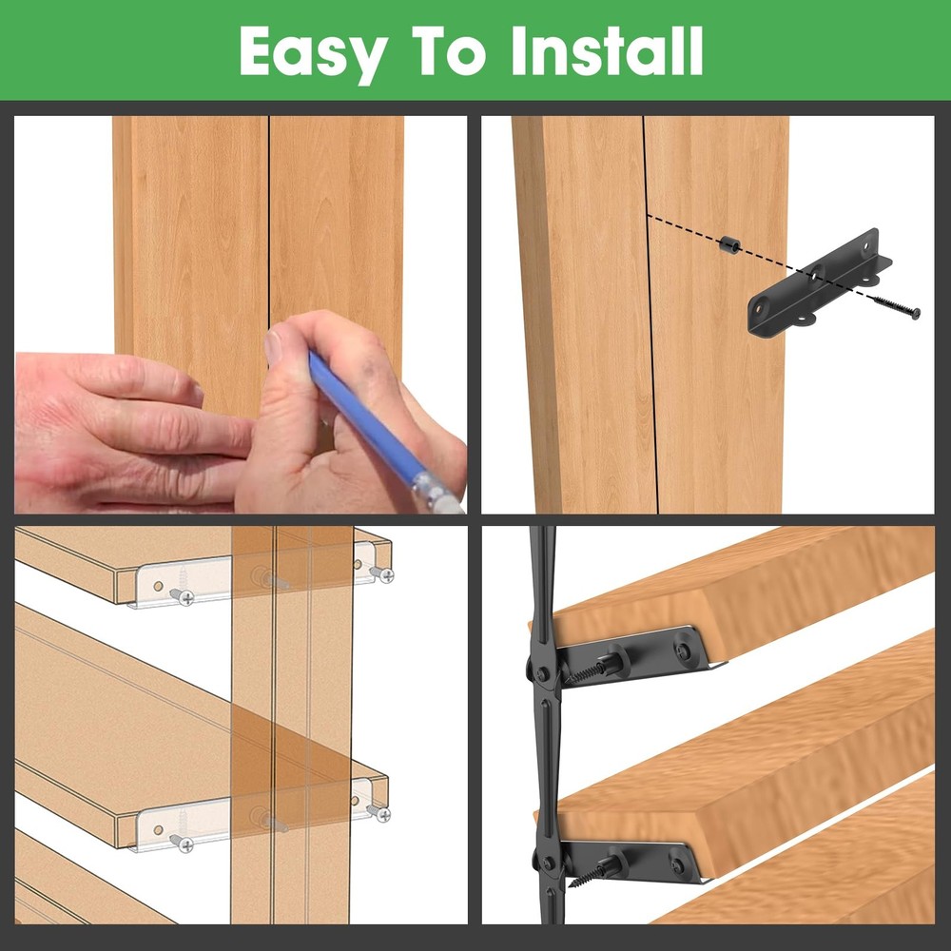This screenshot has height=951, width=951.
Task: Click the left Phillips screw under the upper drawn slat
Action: coord(181,596)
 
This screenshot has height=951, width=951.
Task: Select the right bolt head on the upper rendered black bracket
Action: coord(684,651)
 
